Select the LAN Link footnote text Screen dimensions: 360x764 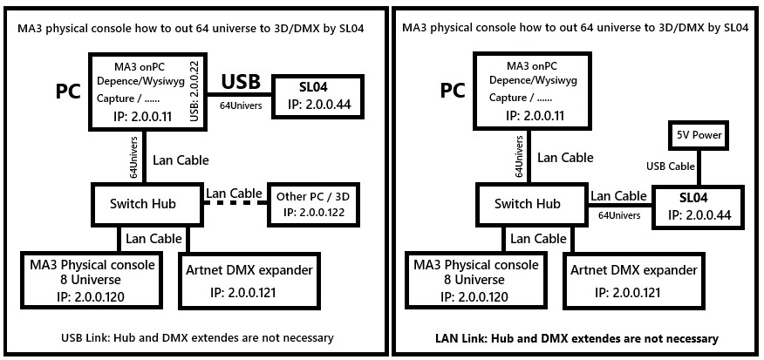576,337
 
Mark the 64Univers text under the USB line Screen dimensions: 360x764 242,105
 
